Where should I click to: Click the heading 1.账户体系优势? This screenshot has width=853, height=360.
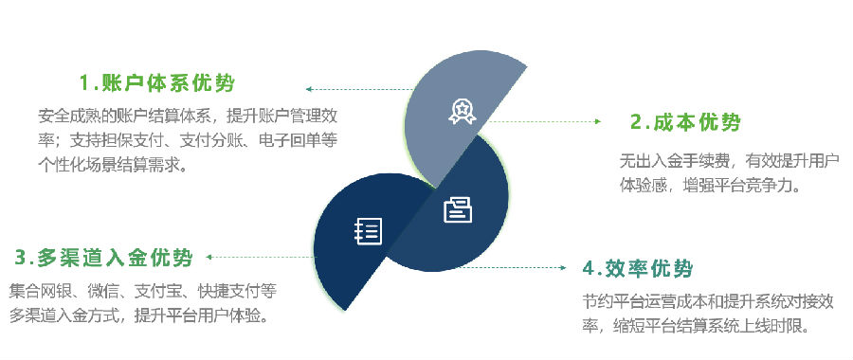pos(157,83)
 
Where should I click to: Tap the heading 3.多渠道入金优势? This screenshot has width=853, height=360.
pos(103,258)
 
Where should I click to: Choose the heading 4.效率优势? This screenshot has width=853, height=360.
pos(638,269)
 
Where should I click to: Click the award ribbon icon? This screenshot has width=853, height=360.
pos(462,111)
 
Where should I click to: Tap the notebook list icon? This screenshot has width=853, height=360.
pos(369,231)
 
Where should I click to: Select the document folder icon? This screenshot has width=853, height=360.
pos(458,210)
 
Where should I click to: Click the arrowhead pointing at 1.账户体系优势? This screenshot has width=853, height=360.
pos(308,89)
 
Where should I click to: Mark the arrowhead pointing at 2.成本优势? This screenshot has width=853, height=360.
pos(598,122)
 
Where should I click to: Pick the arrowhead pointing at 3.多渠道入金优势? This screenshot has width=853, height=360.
pos(209,257)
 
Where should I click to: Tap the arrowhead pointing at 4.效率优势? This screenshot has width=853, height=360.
pos(564,267)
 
